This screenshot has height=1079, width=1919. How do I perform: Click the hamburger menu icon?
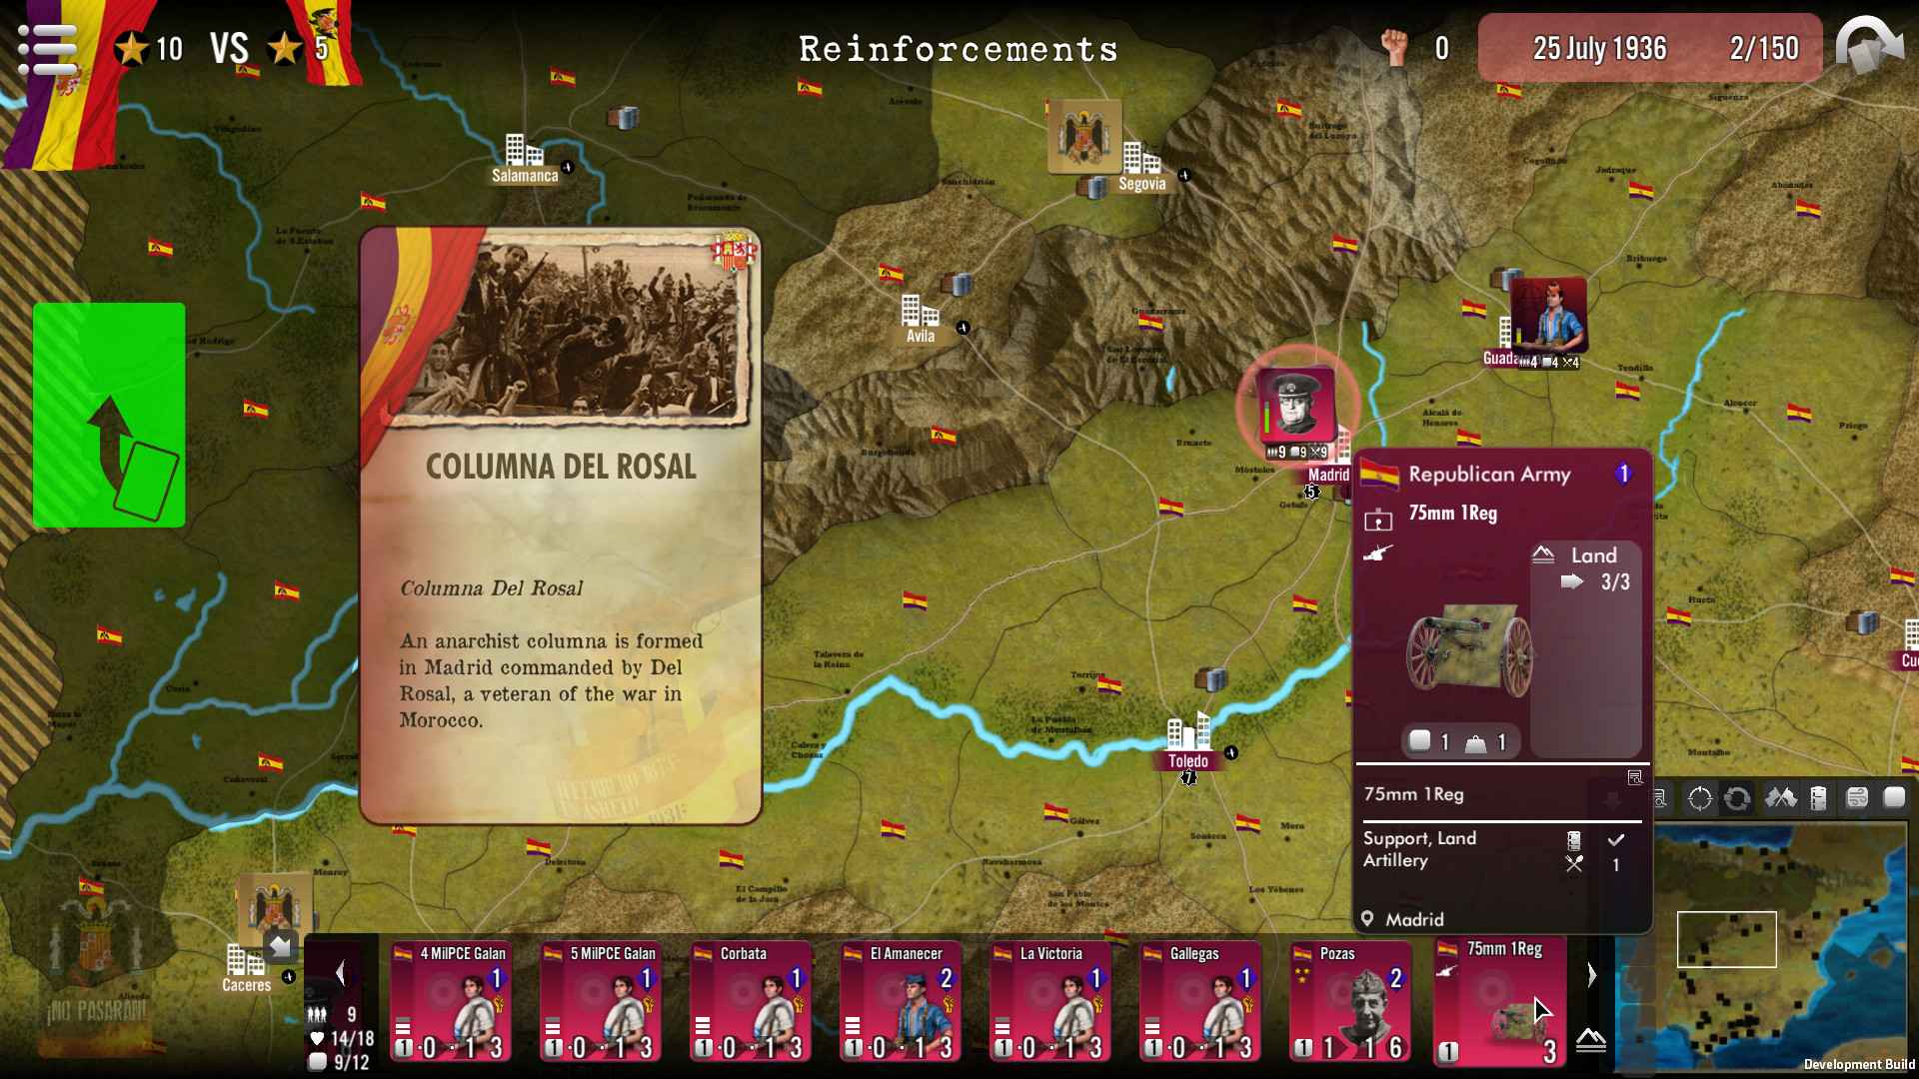coord(47,48)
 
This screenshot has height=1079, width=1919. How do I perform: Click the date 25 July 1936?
coord(1599,48)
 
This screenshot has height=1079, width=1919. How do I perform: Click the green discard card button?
coord(109,415)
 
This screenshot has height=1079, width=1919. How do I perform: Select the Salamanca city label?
coord(525,176)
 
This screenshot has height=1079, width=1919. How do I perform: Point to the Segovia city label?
coord(1141,184)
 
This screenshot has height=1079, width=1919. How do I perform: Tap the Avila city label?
coord(921,336)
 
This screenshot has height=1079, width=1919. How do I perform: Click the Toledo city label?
coord(1187,761)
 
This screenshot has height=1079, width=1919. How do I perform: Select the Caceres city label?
coord(246,985)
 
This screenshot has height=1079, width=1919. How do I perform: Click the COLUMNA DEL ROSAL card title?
coord(561,467)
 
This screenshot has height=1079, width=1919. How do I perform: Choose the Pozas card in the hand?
coord(1350,1001)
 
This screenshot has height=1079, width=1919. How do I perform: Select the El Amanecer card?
coord(901,1001)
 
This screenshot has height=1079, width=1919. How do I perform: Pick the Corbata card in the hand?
coord(751,1001)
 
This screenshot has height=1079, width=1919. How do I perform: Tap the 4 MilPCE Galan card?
coord(451,1001)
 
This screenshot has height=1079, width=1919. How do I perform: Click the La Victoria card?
coord(1050,1001)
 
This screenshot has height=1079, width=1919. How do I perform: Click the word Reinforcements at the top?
coord(958,49)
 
